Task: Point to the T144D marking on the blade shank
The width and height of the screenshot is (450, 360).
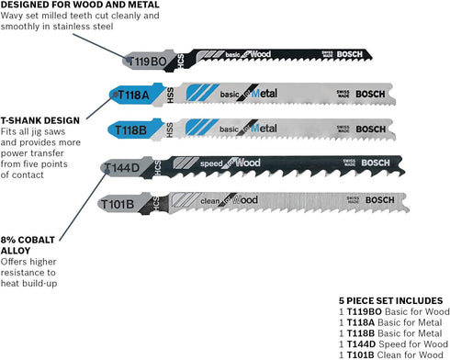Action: point(125,167)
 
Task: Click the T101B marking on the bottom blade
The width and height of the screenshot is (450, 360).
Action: point(122,203)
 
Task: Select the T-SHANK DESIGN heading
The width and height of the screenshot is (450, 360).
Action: point(41,119)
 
